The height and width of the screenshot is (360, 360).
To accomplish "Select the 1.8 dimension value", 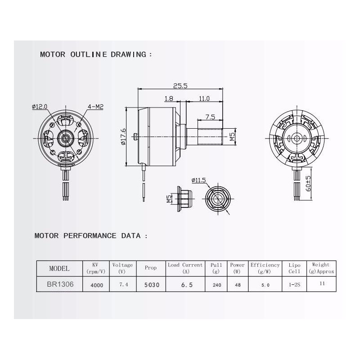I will (169, 98).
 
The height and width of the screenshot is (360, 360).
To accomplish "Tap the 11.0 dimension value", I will (204, 98).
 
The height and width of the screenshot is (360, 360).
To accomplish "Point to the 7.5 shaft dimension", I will (210, 117).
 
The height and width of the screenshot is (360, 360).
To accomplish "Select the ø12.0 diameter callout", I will (40, 107).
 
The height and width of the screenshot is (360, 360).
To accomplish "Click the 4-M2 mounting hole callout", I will (96, 107).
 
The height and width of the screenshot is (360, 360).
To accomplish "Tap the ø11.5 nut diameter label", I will (198, 180).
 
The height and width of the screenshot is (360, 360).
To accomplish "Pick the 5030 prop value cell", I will (151, 285).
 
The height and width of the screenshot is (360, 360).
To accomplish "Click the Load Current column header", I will (185, 268).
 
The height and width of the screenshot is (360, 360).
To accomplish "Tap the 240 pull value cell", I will (216, 285).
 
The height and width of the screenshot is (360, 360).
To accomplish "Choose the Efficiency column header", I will (265, 268).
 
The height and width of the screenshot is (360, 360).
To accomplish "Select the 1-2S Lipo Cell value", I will (294, 285).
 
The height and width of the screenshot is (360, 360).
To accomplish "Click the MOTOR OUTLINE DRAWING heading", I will (96, 54).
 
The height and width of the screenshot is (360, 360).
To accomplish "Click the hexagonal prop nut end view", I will (218, 198).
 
